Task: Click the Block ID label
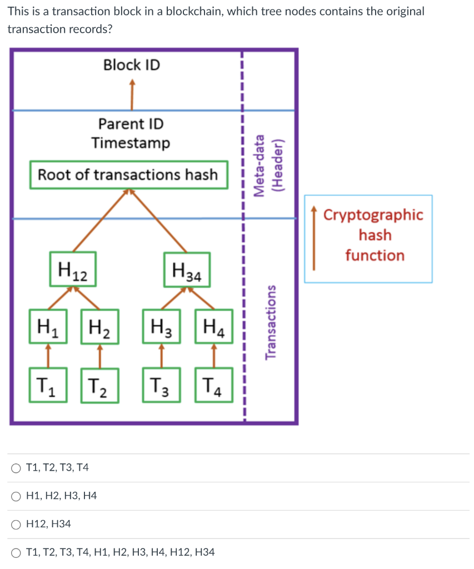(131, 65)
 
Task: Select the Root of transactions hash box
(128, 175)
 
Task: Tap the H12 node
(73, 269)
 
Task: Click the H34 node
(187, 270)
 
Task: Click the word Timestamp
(131, 143)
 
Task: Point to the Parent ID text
(131, 124)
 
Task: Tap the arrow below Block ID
(132, 94)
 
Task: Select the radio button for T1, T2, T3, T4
(16, 468)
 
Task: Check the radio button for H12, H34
(16, 524)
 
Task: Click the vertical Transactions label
(271, 323)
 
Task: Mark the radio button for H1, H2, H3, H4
(16, 496)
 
